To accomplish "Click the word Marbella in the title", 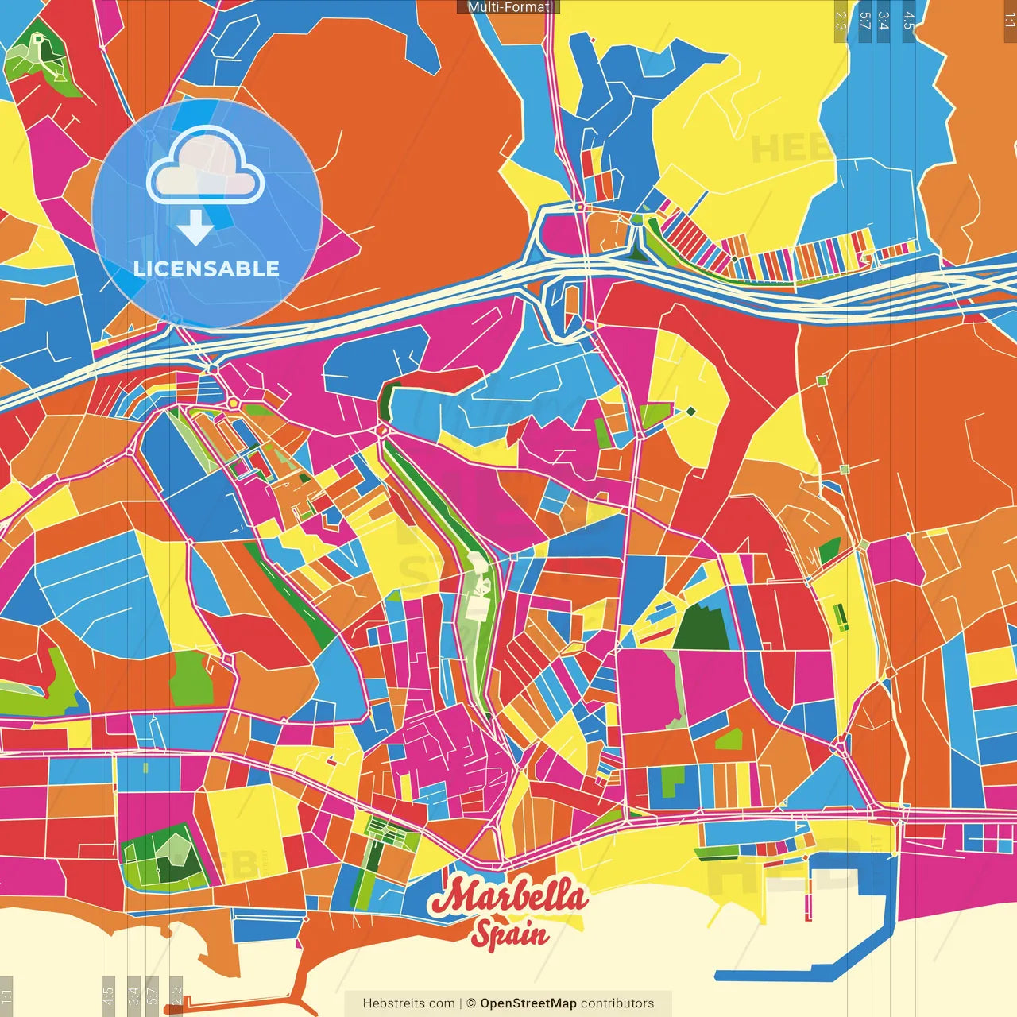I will click(x=508, y=897).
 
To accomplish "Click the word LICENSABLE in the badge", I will click(x=207, y=269).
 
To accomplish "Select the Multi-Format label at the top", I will click(x=508, y=7).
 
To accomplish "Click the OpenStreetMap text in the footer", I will click(x=528, y=1003).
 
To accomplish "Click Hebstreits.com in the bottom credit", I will click(x=408, y=1003).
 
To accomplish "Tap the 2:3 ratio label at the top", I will click(x=841, y=21).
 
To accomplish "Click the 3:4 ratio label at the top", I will click(x=884, y=21).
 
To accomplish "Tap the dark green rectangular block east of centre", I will click(x=702, y=627).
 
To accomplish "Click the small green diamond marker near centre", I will click(x=690, y=411).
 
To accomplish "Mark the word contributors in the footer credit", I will click(x=617, y=1003).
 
